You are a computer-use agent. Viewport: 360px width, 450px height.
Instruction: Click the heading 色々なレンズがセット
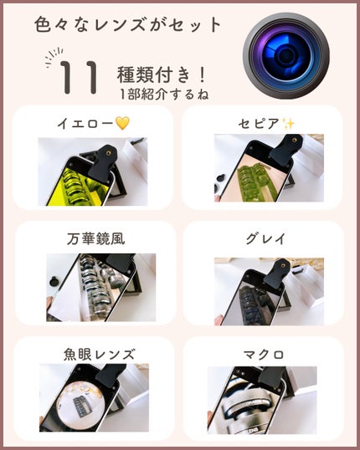pos(129,25)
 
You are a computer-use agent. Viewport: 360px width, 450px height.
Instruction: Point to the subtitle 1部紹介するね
pos(163,94)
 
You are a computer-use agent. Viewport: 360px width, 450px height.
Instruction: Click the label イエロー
pos(84,124)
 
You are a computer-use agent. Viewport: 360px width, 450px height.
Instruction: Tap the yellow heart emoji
pos(123,124)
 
